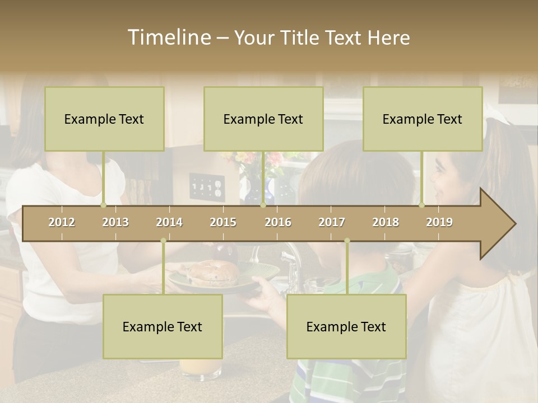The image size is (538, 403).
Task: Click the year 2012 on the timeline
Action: (62, 222)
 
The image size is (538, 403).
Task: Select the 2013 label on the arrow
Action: (115, 222)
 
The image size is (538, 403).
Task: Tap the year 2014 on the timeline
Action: (169, 222)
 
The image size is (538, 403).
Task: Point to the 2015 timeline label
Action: (223, 222)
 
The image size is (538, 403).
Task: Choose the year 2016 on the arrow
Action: (278, 222)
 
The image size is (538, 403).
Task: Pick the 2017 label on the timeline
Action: (332, 222)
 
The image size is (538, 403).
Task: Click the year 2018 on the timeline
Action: (386, 222)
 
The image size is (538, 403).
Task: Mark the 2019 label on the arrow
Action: (439, 222)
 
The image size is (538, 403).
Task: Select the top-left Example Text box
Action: (104, 119)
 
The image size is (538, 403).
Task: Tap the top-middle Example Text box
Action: (263, 119)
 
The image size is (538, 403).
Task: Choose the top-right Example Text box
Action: (423, 119)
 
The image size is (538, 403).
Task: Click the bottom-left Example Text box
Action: (163, 326)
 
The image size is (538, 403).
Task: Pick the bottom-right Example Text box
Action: (346, 326)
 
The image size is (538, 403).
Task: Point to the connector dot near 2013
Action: (103, 205)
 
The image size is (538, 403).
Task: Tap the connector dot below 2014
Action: (163, 241)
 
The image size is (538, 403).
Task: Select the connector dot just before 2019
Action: (421, 205)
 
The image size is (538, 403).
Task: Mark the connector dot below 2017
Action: (347, 241)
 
